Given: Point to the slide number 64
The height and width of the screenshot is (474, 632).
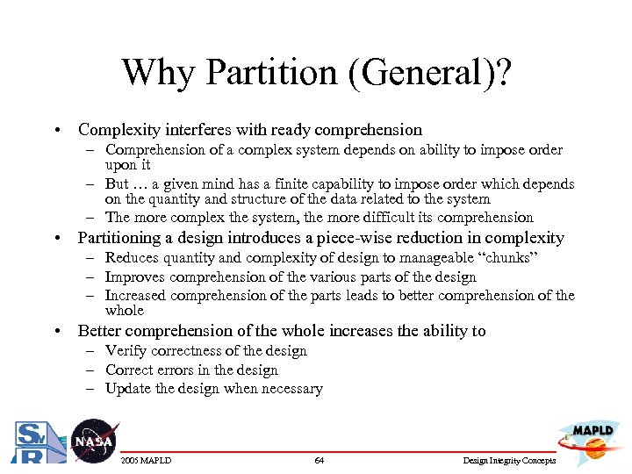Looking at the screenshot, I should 318,461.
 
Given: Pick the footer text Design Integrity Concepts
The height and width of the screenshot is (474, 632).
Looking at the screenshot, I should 508,461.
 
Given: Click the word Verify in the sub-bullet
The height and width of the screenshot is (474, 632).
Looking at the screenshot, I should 126,351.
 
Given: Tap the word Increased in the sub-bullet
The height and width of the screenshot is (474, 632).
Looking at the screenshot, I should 136,296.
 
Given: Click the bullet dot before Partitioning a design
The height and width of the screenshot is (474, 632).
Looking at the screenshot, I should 57,239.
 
